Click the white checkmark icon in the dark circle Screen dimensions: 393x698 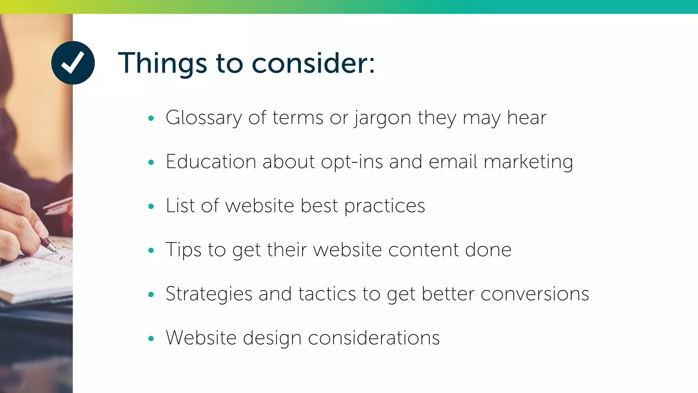pos(73,63)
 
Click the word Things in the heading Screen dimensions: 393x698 pos(162,63)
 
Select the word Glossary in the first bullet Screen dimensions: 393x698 pos(203,118)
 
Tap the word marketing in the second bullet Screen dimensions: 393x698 pos(528,162)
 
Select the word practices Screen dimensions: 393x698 pos(384,206)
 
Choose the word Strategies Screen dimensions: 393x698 pos(209,294)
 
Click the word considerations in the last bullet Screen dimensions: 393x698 pos(374,338)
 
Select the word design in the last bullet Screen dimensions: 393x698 pos(272,338)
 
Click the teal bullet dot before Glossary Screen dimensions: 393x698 pos(151,118)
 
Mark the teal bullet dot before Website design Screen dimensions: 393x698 pos(151,338)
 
